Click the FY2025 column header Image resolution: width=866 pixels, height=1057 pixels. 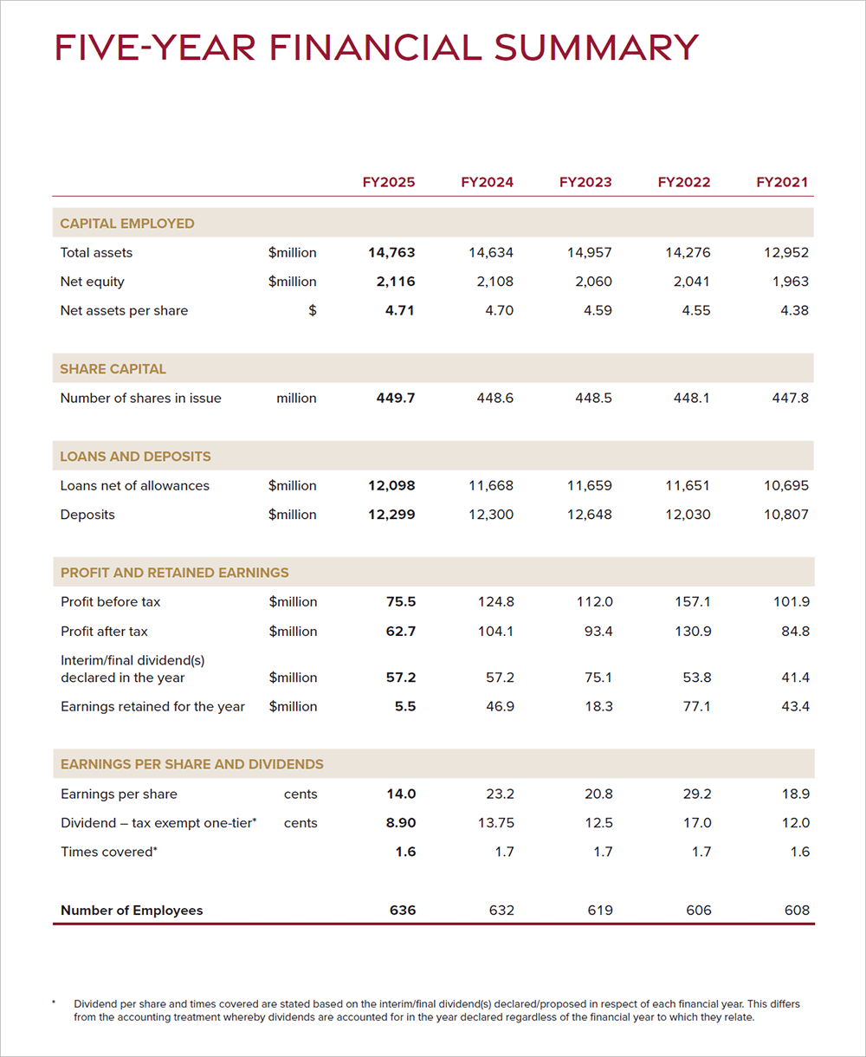(x=388, y=182)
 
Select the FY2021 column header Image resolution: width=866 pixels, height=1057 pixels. (x=782, y=182)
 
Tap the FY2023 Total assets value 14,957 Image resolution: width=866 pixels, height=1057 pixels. (x=589, y=253)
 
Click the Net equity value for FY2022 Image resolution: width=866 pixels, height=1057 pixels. (x=688, y=282)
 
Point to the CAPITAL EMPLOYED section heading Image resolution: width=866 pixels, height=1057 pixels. (x=127, y=224)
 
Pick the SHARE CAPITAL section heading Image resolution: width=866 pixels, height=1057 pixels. (x=113, y=369)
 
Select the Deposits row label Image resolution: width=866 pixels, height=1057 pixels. (x=87, y=515)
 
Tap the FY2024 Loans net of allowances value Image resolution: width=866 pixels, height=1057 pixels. (x=491, y=486)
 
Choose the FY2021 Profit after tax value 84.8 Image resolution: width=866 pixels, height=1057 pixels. (x=795, y=632)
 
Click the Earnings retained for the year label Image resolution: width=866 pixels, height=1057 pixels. (x=152, y=707)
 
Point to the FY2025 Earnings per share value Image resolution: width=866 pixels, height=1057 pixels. (x=401, y=794)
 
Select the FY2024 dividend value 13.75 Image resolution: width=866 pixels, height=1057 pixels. (x=495, y=823)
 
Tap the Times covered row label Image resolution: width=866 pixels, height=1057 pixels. (x=108, y=853)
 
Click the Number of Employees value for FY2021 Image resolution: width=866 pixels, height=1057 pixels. (x=796, y=911)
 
